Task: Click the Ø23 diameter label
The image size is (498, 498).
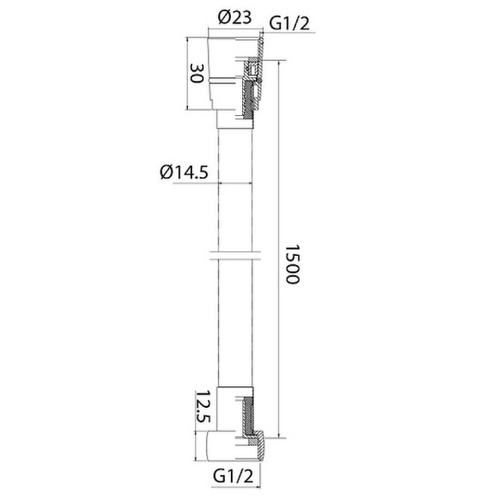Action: (234, 16)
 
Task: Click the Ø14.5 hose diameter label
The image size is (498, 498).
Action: (184, 172)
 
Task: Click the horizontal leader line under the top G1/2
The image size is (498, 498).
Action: (288, 33)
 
